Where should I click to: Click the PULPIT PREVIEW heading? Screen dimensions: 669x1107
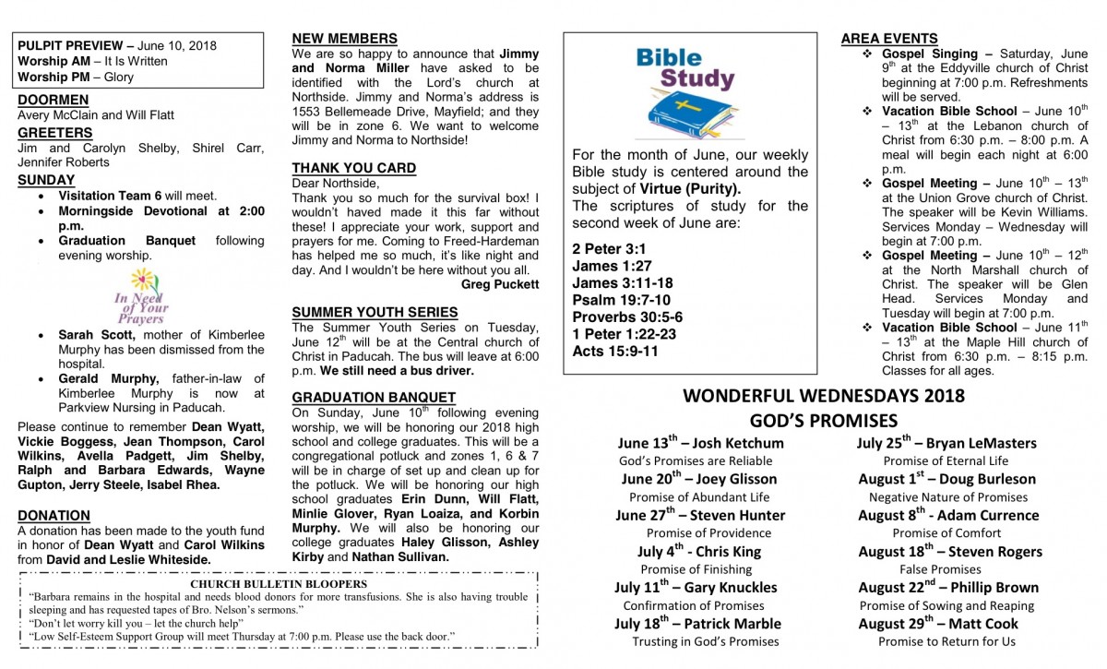pos(70,45)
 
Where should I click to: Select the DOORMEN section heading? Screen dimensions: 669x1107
pos(54,100)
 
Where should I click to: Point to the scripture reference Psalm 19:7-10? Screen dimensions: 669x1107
pos(621,300)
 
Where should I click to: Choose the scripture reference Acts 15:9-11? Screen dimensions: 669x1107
pos(615,351)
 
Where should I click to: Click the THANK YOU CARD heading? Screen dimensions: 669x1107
pos(354,168)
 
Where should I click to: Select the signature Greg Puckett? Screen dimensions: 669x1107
pos(500,284)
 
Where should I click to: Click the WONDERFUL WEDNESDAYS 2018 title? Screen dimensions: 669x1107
pos(824,397)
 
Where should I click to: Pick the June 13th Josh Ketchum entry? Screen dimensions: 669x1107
pos(700,443)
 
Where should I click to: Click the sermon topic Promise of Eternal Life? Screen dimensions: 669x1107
pos(946,460)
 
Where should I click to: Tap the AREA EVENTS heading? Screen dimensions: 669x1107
pos(889,39)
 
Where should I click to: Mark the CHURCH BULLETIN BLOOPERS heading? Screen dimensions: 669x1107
pos(279,583)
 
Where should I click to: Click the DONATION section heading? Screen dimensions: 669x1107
pos(54,516)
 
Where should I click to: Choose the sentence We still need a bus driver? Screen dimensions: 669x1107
pos(397,371)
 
